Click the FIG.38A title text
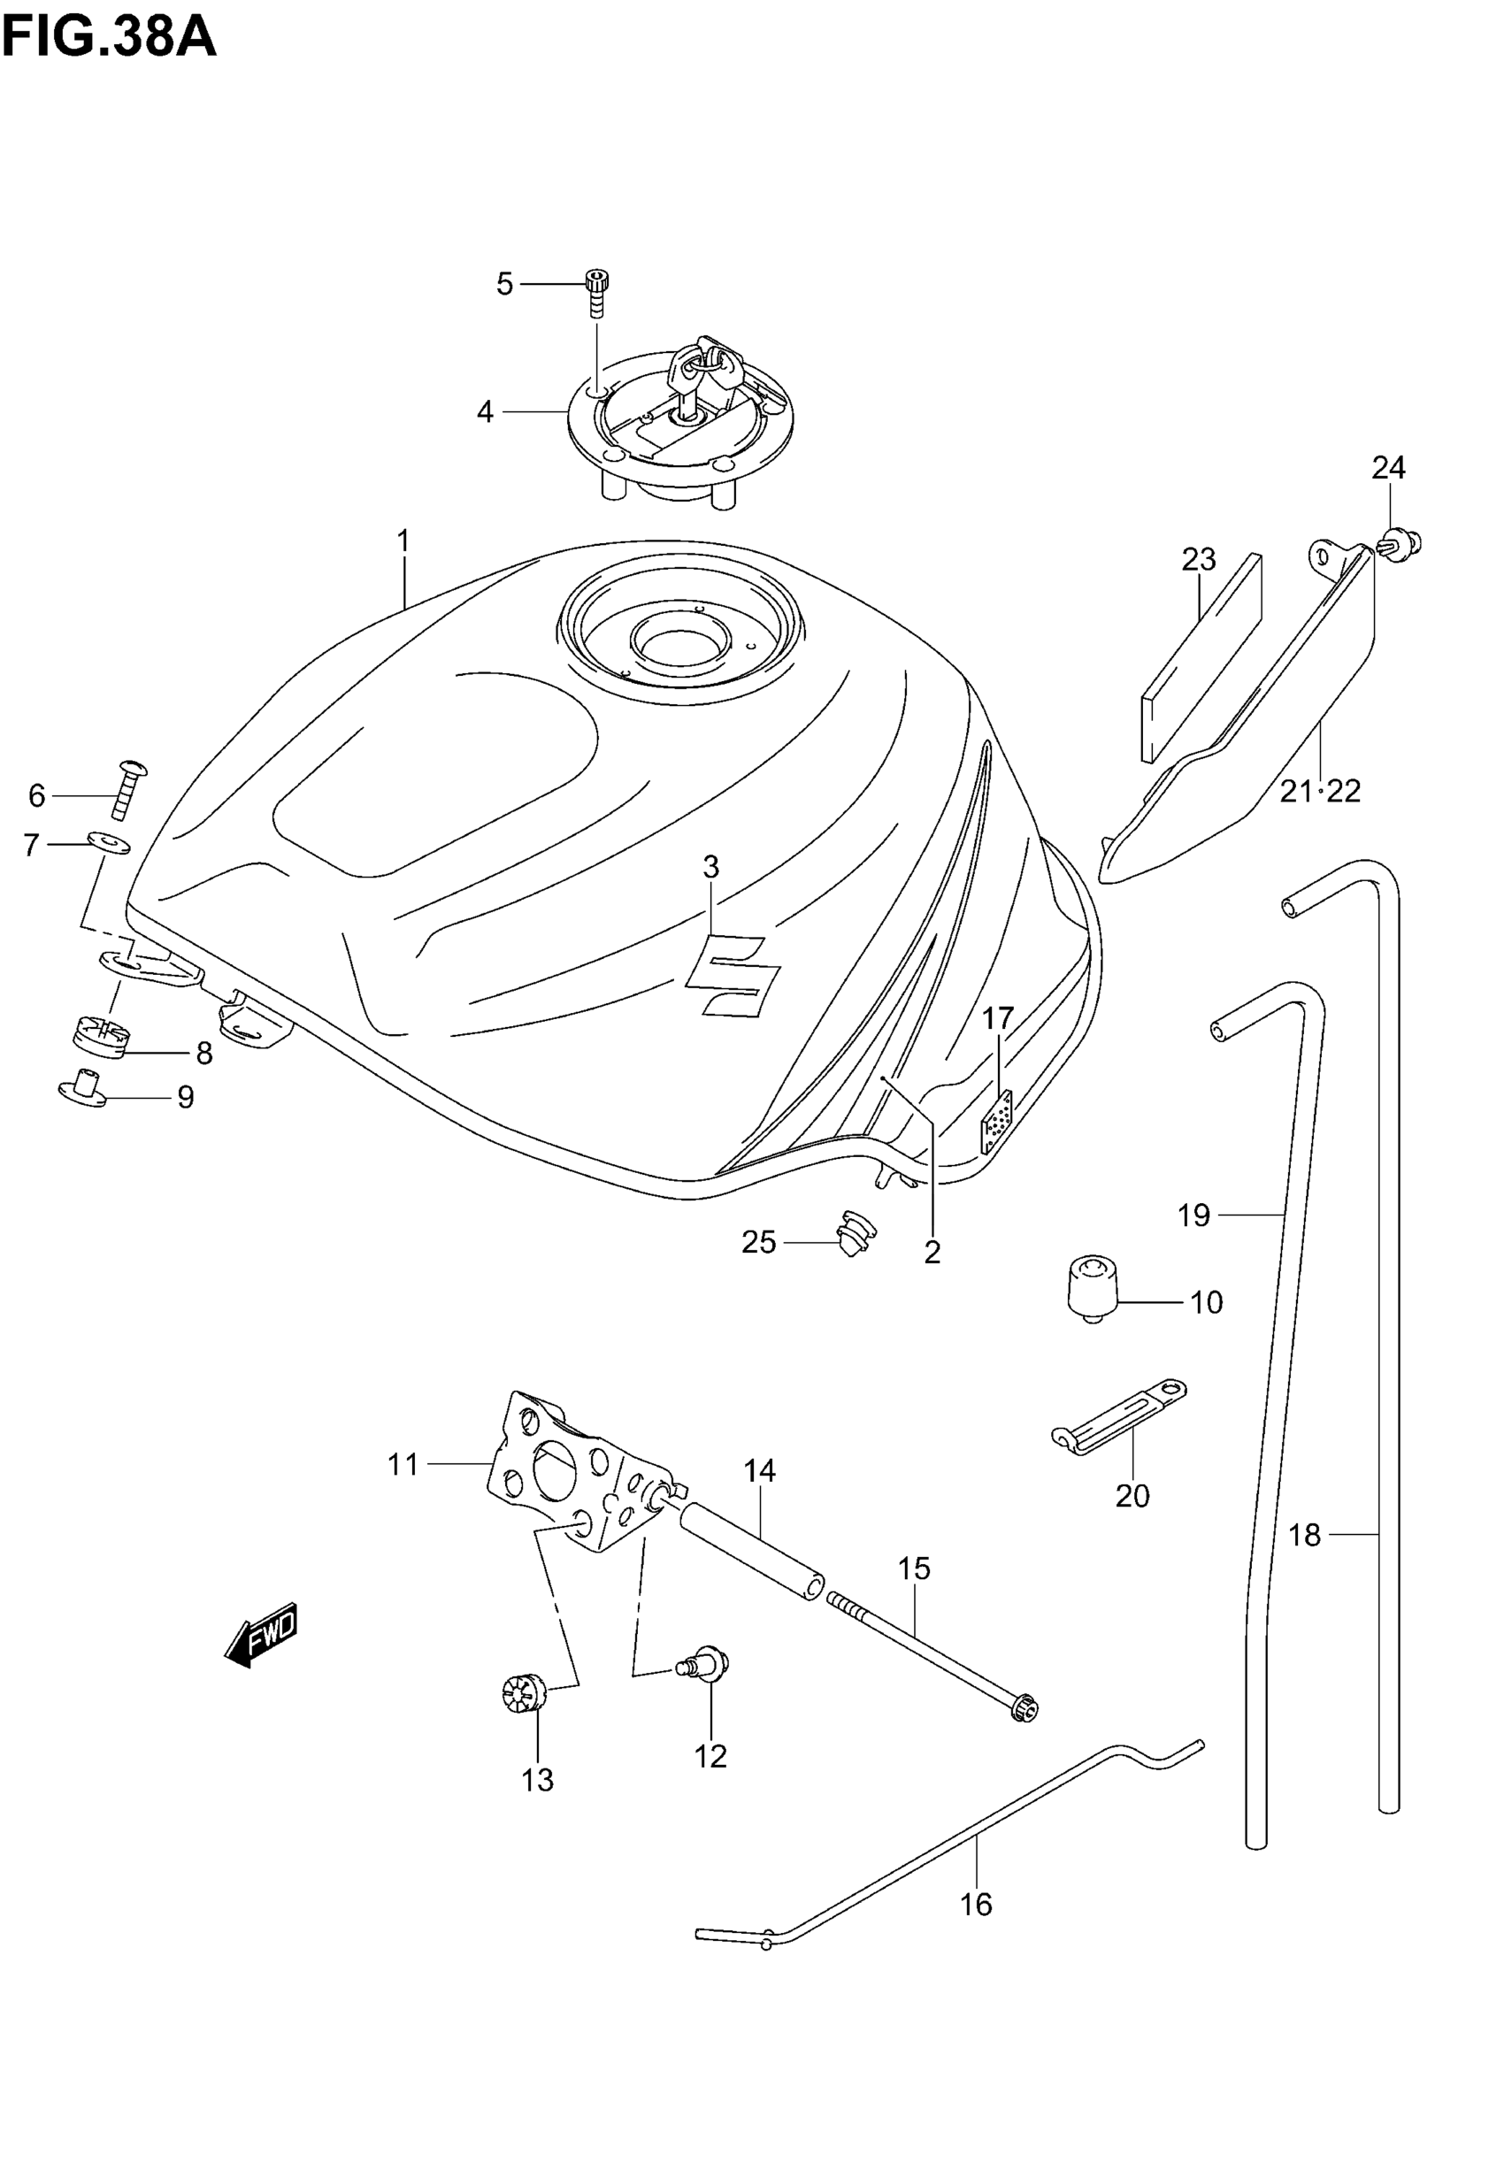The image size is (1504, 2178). [x=110, y=40]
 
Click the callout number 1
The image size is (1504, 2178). [x=403, y=541]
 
